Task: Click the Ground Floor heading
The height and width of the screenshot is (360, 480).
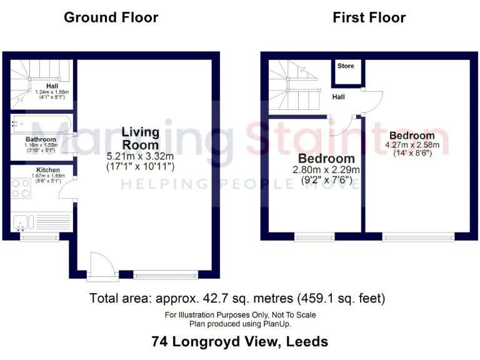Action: tap(111, 17)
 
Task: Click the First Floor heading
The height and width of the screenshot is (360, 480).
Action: tap(369, 17)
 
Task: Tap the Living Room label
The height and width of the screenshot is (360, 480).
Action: tap(140, 139)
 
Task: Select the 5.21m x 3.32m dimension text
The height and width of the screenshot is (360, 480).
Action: tap(140, 156)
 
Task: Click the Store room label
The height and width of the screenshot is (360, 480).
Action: tap(346, 66)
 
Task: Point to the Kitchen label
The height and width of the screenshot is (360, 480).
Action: tap(47, 170)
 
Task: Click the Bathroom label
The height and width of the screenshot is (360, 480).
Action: tap(41, 139)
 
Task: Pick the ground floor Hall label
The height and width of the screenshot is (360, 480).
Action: tap(52, 86)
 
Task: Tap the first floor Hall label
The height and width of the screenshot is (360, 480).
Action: tap(338, 97)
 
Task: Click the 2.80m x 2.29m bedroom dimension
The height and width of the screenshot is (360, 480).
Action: tap(326, 169)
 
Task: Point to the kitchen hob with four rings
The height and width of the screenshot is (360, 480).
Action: tap(21, 188)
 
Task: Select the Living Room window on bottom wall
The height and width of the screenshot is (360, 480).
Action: tap(166, 274)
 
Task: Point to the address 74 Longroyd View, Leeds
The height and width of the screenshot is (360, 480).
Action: tap(239, 342)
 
